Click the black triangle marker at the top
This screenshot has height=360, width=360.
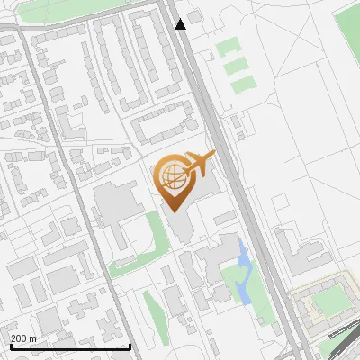click(181, 24)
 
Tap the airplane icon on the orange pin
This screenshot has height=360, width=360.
click(197, 164)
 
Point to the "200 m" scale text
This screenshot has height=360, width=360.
click(23, 338)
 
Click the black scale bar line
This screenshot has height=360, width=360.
click(69, 346)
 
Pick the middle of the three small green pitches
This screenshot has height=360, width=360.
click(237, 66)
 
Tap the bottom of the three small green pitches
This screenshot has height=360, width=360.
click(243, 86)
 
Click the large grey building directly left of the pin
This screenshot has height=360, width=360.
click(112, 202)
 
